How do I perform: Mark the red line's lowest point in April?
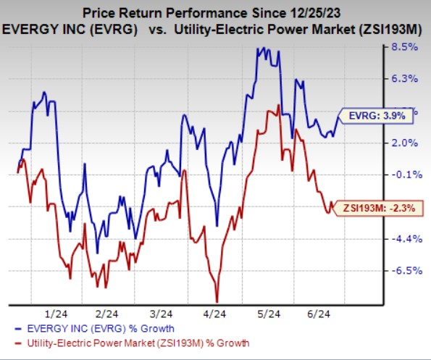click(x=217, y=300)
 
